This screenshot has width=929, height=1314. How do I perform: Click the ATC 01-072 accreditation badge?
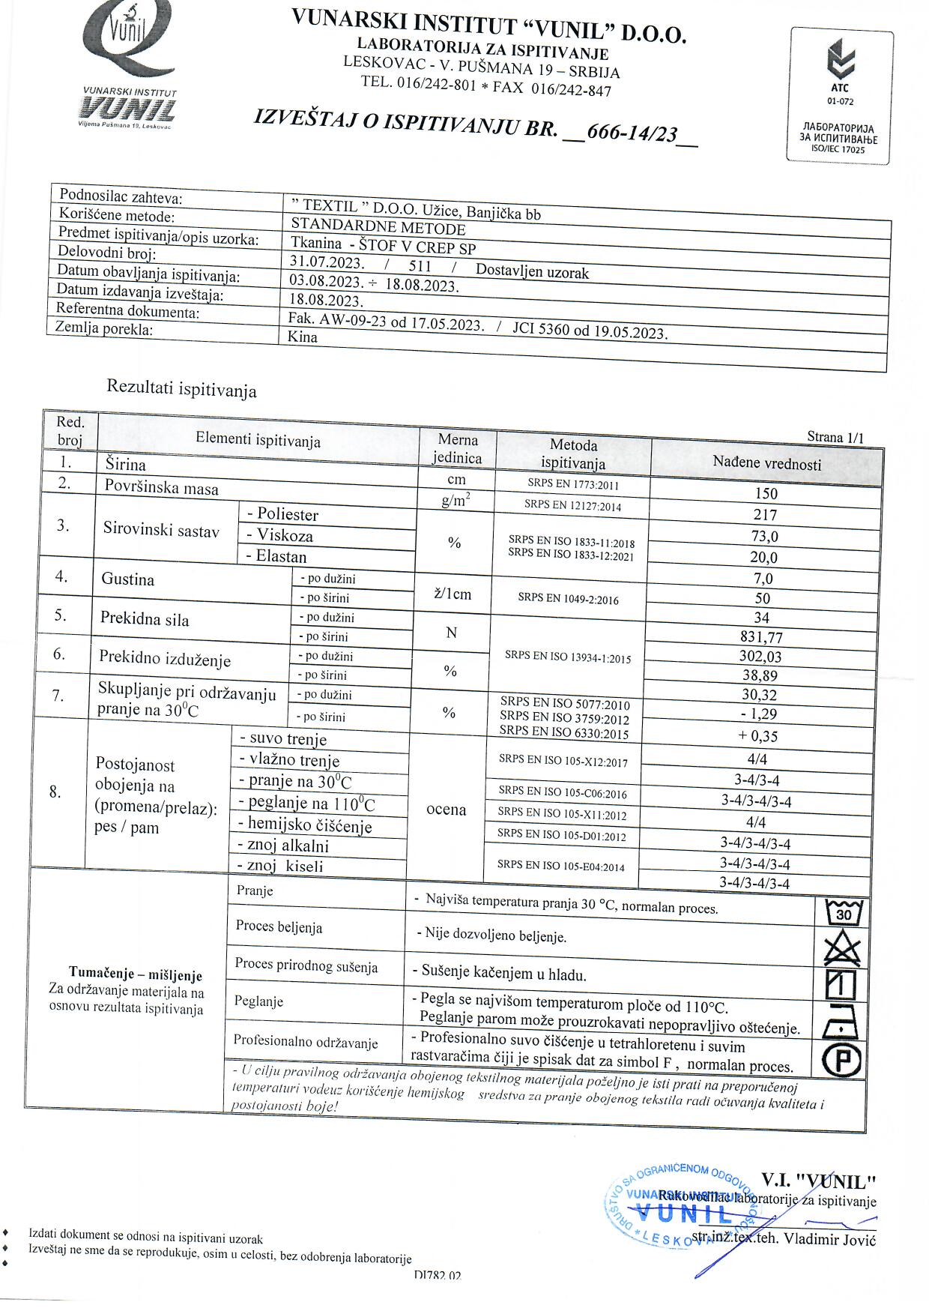(x=841, y=95)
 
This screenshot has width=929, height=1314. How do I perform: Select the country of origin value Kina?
(x=303, y=337)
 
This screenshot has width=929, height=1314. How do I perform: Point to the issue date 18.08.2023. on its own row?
(x=326, y=301)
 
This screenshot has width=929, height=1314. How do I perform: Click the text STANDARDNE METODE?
(x=378, y=227)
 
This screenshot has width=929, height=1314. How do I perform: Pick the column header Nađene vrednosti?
(x=766, y=463)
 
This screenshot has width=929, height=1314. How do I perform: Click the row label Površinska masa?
(x=162, y=488)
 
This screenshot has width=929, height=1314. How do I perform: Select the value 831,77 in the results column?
(x=761, y=638)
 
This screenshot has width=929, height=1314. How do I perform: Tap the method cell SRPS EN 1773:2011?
(x=573, y=484)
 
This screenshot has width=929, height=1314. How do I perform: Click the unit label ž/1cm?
(x=453, y=594)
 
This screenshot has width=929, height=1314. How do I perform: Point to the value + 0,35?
(x=758, y=736)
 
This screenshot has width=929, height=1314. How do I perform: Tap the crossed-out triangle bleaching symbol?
(x=843, y=949)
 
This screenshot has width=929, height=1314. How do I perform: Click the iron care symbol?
(x=841, y=1022)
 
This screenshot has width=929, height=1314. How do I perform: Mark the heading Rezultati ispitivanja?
(x=181, y=389)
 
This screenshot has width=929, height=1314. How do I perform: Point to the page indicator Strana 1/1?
(x=835, y=437)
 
